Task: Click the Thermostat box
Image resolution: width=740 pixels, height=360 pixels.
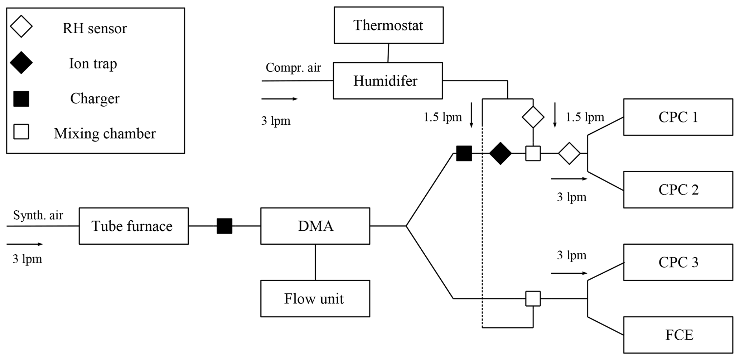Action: coord(388,25)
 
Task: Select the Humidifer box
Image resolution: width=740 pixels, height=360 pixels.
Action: coord(388,81)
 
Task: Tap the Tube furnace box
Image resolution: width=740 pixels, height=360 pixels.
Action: coord(134,226)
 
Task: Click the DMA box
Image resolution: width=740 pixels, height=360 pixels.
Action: coord(315,226)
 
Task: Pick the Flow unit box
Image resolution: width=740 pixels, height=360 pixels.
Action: coord(315,299)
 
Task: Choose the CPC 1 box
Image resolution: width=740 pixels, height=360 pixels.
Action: coord(678,117)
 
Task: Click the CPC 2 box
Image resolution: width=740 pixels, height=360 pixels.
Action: coord(678,190)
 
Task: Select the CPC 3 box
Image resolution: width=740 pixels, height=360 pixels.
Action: coord(678,262)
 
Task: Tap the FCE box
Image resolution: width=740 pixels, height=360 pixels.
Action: coord(678,335)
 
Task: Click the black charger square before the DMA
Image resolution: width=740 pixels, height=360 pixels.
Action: coord(224,226)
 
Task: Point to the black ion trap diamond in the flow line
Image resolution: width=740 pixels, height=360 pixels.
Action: coord(500,153)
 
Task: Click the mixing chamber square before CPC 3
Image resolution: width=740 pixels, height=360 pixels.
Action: coord(533,298)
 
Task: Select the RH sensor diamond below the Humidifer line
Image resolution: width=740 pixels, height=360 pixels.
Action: coord(533,117)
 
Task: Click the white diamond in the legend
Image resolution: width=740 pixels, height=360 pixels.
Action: coord(21,27)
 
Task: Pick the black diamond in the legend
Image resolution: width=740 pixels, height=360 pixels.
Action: coord(21,63)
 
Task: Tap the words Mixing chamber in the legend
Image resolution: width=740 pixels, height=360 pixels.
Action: coord(105,134)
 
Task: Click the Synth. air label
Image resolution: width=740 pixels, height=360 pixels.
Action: coord(38,215)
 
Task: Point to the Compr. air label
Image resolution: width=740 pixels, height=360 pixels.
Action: coord(293,68)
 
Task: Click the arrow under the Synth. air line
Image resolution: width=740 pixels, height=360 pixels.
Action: coord(25,244)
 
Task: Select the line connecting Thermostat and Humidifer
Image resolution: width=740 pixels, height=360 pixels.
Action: coord(388,53)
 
